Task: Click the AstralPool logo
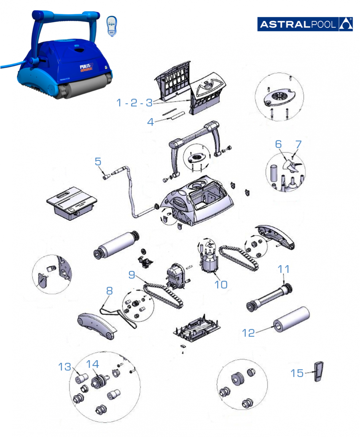click(308, 24)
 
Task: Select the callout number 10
click(221, 284)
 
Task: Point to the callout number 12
click(248, 332)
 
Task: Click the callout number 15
click(297, 373)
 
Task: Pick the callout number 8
click(110, 291)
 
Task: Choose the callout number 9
click(132, 274)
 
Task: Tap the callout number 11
click(284, 270)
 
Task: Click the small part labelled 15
click(318, 370)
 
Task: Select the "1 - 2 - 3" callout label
click(134, 103)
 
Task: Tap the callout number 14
click(92, 364)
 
